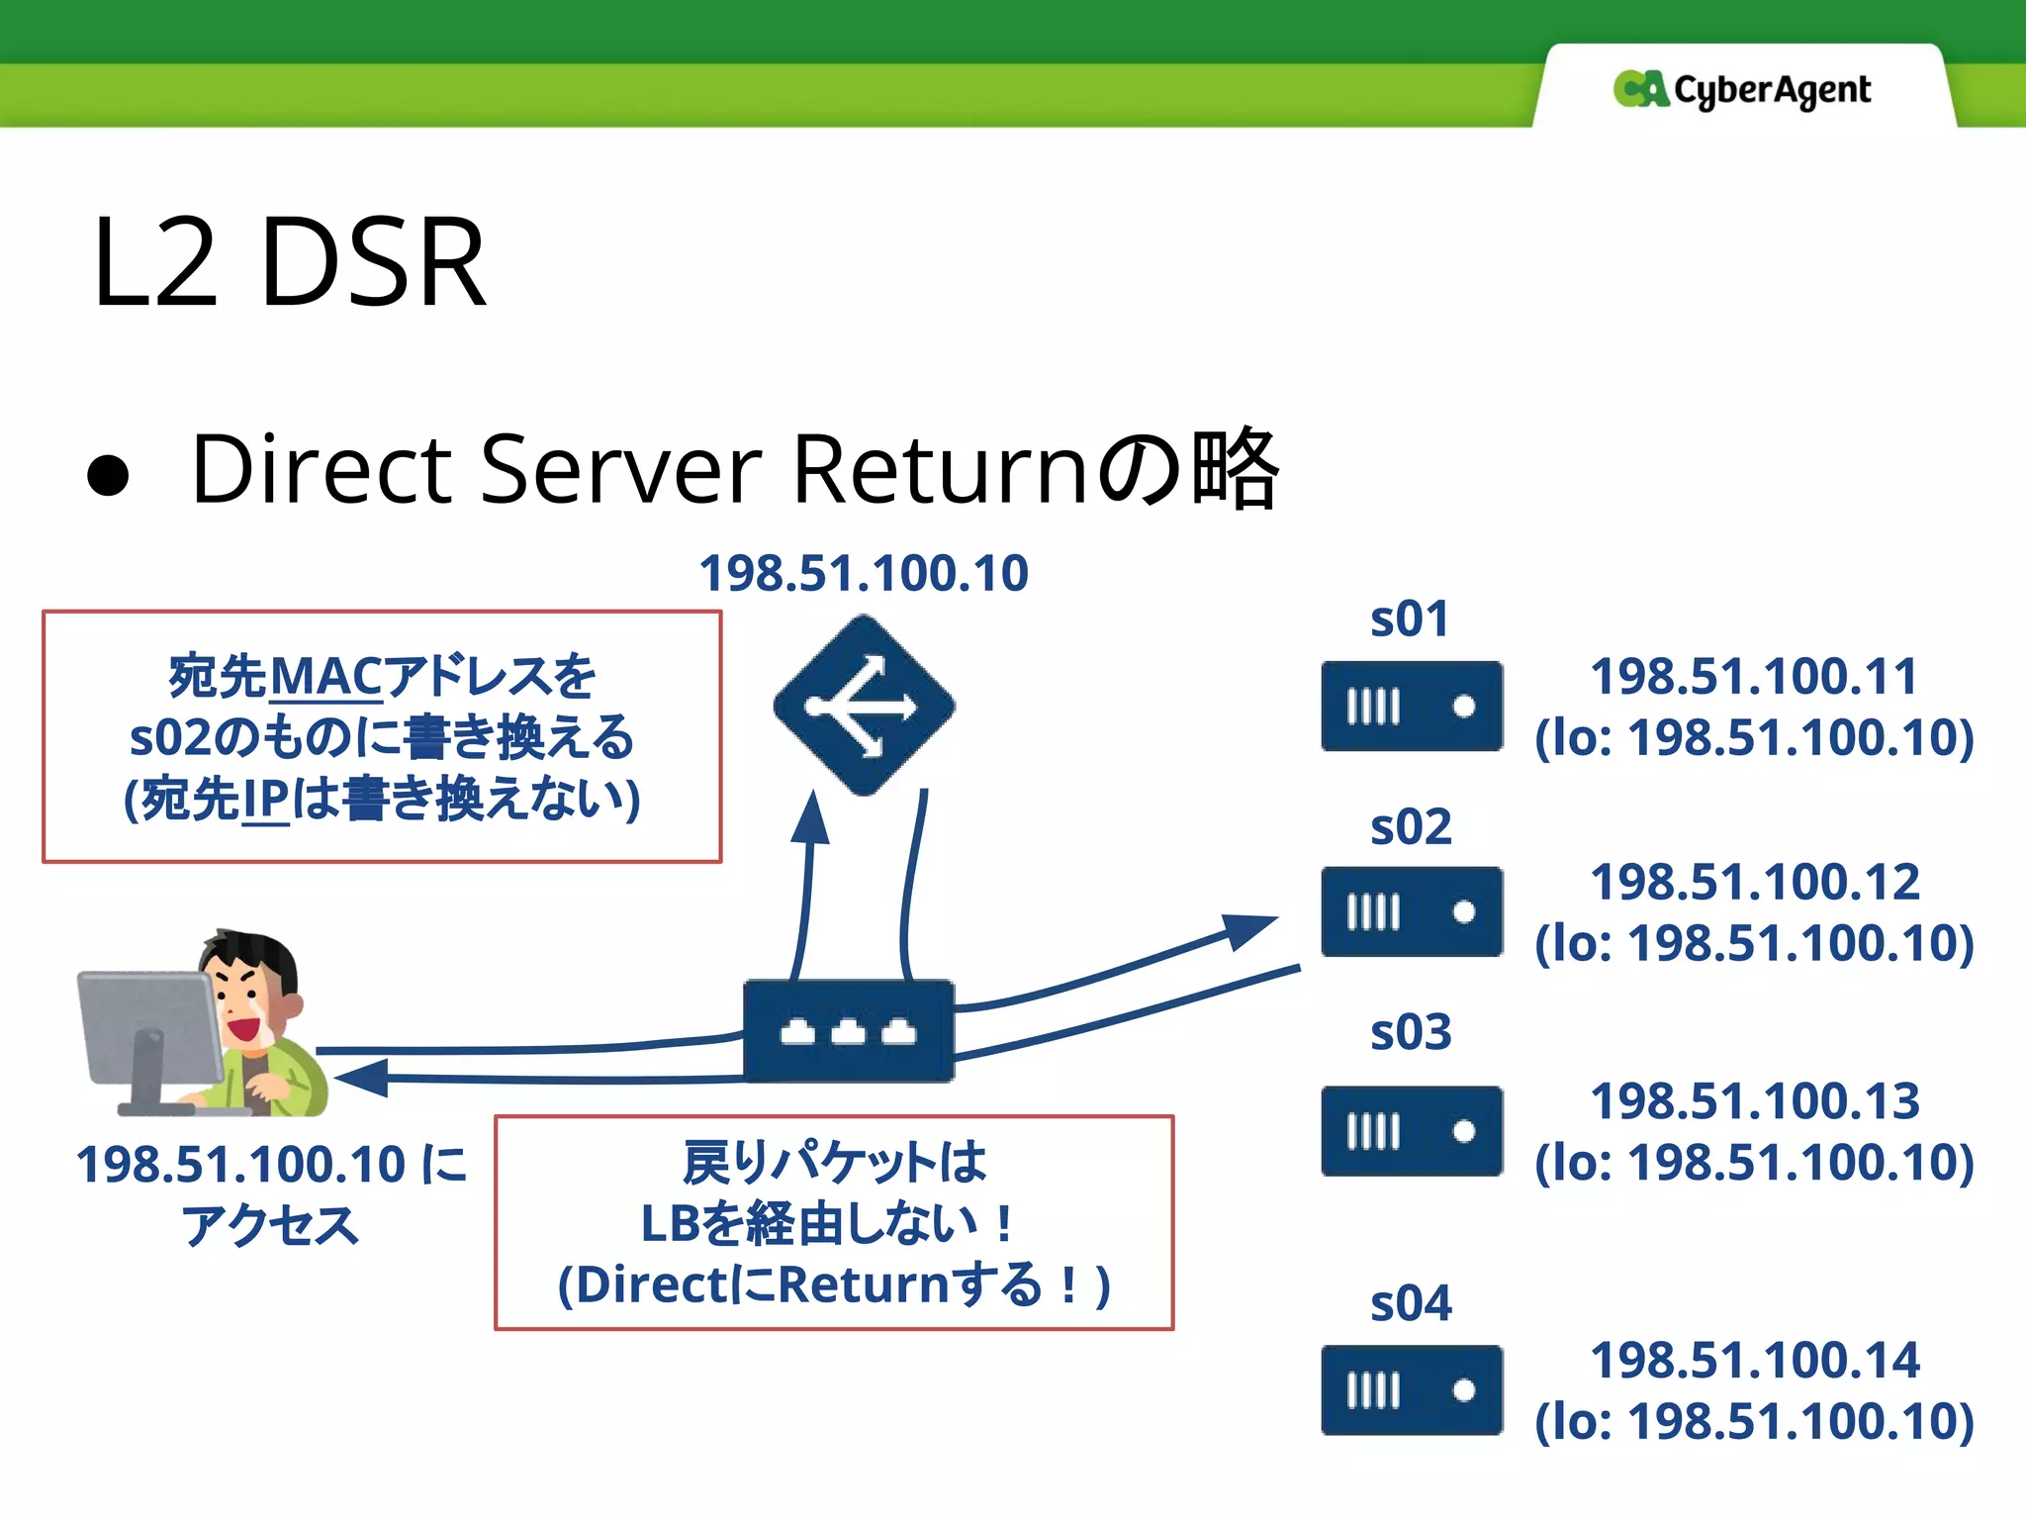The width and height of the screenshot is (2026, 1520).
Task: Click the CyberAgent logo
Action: [x=1741, y=90]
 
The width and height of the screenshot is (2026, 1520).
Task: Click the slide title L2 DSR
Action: [x=289, y=263]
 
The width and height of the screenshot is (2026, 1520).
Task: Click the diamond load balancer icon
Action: [x=864, y=706]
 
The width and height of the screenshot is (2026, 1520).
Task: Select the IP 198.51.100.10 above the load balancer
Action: [x=864, y=573]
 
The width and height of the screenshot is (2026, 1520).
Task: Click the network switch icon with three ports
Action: [x=849, y=1031]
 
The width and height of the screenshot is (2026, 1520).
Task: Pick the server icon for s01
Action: [x=1412, y=707]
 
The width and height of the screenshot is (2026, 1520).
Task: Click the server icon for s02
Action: [x=1412, y=911]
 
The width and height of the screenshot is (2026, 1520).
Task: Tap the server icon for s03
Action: [x=1412, y=1131]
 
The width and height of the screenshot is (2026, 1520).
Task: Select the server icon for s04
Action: [x=1412, y=1390]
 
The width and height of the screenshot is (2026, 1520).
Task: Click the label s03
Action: [x=1411, y=1032]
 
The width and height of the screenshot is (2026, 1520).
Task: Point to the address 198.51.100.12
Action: [x=1754, y=882]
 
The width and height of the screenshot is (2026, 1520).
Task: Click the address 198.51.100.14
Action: [x=1754, y=1360]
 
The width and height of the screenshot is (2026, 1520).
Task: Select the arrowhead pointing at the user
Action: [x=361, y=1078]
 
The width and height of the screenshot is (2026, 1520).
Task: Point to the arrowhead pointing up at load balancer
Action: [x=811, y=817]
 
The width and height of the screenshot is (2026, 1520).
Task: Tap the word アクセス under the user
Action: [x=269, y=1225]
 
